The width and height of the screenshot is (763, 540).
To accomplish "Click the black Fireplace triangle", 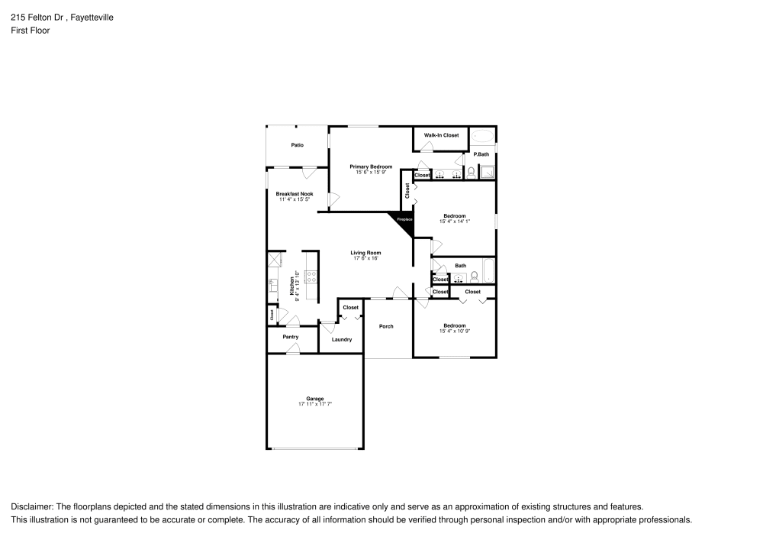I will tap(403, 221).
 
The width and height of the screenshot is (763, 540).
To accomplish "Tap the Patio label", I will tap(298, 145).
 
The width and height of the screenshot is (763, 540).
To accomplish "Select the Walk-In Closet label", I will tap(442, 135).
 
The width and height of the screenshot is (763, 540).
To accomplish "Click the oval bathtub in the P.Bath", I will tap(482, 137).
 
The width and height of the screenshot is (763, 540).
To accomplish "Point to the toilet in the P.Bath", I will tap(472, 173).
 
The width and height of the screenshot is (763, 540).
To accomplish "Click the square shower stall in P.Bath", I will tap(486, 172).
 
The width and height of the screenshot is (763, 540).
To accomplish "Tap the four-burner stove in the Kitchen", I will tap(311, 279).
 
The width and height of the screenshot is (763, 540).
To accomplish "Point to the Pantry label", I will tap(290, 337).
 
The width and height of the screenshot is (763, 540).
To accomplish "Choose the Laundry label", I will tap(342, 339).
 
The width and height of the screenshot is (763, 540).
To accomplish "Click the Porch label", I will tap(387, 326).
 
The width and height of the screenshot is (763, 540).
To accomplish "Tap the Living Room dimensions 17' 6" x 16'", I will tap(366, 258).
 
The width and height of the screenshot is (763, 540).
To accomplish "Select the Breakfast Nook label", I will tap(295, 194).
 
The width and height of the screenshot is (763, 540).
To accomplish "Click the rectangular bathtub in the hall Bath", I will tap(488, 271).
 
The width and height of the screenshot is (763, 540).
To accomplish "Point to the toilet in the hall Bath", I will tap(473, 276).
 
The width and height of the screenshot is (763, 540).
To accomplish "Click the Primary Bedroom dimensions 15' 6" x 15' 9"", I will tap(372, 172).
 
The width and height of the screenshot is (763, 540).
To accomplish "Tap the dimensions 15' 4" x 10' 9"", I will tap(455, 331).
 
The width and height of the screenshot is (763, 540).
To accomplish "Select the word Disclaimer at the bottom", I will tap(31, 506).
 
